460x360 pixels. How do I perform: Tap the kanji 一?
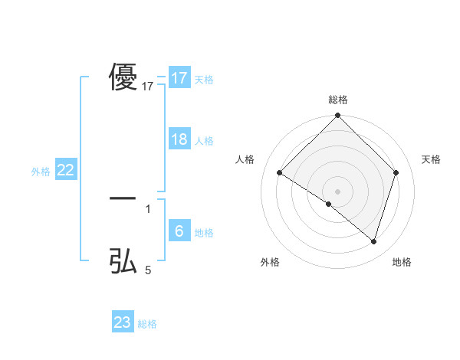[123, 198]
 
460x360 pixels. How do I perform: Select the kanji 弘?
[123, 260]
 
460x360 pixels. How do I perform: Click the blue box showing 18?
[179, 139]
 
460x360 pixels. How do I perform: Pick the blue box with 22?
[65, 171]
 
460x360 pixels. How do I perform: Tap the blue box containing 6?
[179, 231]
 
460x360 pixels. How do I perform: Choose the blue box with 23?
[123, 322]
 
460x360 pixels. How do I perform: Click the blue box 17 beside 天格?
[179, 78]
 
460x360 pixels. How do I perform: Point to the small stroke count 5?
[148, 270]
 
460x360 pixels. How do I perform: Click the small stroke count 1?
[148, 208]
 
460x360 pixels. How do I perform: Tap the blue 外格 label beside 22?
[41, 172]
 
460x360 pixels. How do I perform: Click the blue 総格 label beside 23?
[147, 324]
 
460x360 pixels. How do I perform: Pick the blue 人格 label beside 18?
[204, 141]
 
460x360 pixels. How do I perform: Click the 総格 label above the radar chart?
[338, 100]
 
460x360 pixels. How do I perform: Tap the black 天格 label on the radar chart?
[431, 159]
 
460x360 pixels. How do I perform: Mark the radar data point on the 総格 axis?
[338, 116]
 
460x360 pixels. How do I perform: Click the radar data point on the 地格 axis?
[373, 241]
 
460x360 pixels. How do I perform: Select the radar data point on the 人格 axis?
[280, 173]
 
